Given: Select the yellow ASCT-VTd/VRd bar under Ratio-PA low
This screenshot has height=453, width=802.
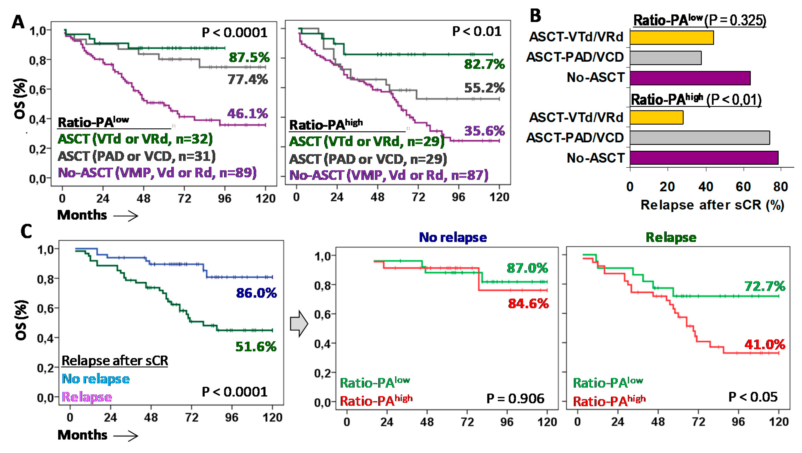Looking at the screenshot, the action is point(672,38).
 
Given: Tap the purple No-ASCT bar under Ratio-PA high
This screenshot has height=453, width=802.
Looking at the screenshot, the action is point(704,158).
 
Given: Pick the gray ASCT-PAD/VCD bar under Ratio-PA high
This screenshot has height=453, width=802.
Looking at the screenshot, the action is point(700,138).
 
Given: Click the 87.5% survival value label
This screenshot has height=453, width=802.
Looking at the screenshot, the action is point(249,58).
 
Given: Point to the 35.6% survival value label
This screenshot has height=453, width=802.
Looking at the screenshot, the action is point(484,131).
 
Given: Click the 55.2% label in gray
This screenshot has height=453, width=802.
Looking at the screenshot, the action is point(484,88).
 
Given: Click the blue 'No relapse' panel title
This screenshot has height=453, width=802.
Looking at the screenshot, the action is point(453,237).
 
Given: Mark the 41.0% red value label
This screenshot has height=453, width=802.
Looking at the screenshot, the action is point(765,344).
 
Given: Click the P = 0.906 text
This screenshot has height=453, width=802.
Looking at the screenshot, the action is point(515,399).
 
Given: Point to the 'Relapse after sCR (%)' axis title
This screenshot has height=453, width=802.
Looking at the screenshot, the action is point(712,205).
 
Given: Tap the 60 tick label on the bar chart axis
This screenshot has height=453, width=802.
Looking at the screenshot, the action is point(743,187).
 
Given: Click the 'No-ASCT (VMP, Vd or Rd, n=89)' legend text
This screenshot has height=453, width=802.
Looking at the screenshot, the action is point(157,173).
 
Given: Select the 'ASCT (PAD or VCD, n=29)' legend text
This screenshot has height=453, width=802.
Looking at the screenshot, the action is point(368,159).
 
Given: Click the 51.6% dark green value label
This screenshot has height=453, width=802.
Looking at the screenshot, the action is point(256,346).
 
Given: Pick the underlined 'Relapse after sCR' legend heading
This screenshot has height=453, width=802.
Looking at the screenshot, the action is point(115,361).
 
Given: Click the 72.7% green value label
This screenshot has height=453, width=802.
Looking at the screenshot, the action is point(765,286).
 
